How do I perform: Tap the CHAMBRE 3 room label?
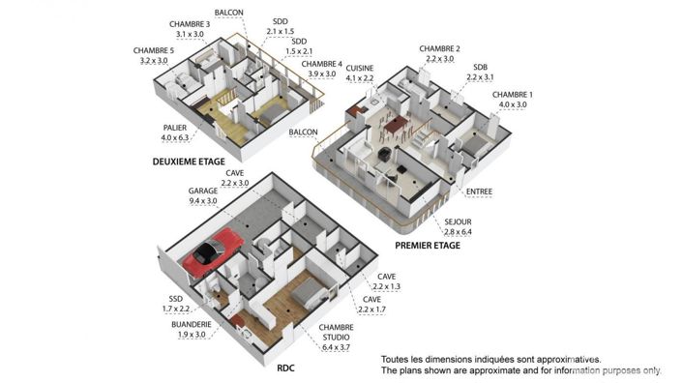pyautogui.click(x=190, y=23)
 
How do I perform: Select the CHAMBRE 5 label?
pyautogui.click(x=154, y=50)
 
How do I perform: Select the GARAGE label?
pyautogui.click(x=203, y=191)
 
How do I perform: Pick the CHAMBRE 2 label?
pyautogui.click(x=439, y=48)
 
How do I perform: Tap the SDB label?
pyautogui.click(x=480, y=67)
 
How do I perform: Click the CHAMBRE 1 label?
pyautogui.click(x=513, y=94)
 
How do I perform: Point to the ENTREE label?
pyautogui.click(x=479, y=191)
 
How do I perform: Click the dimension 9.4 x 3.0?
pyautogui.click(x=203, y=202)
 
